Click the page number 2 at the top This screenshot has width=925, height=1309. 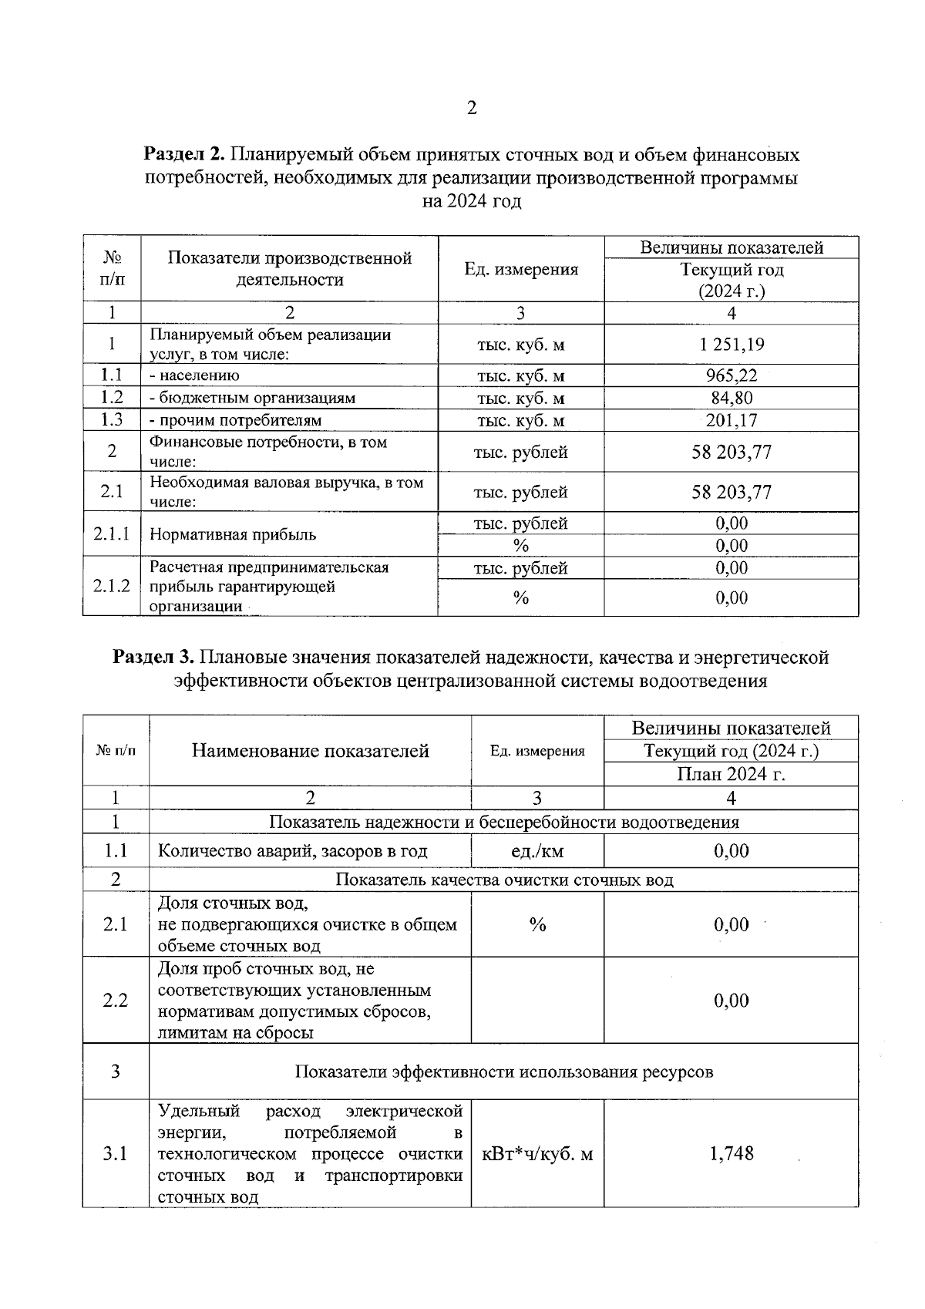point(472,108)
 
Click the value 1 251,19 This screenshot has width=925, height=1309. point(732,345)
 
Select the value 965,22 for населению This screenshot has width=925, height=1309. point(732,375)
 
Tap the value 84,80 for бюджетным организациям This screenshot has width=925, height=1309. point(732,398)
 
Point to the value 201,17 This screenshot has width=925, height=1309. point(732,420)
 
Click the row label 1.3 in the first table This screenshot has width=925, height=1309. point(112,420)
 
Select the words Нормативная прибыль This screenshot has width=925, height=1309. point(233,534)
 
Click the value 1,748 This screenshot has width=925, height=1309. point(732,1153)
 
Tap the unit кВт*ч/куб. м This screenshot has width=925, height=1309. point(537,1154)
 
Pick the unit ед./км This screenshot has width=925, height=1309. point(537,851)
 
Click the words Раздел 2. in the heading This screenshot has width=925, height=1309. point(183,155)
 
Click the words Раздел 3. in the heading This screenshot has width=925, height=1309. point(153,658)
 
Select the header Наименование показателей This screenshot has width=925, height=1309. point(310,751)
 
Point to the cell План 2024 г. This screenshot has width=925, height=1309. point(731,774)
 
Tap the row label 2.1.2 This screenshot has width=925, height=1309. point(112,586)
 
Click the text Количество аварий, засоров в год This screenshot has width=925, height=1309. point(292,851)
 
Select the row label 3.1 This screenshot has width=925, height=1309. point(116,1153)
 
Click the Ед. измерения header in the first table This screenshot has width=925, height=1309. point(521,269)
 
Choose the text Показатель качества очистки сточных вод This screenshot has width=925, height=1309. point(504,880)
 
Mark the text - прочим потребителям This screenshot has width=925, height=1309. point(235,420)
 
